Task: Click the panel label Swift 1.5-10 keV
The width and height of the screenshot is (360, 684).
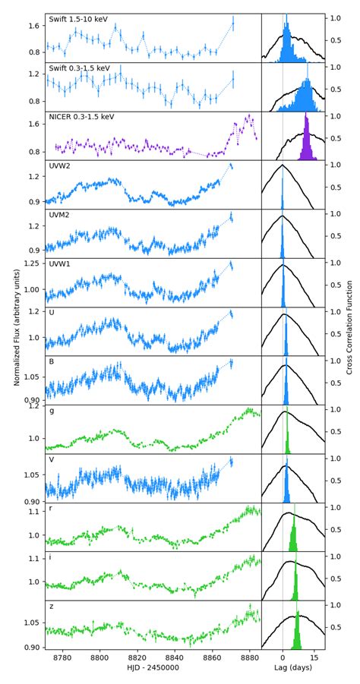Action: [81, 19]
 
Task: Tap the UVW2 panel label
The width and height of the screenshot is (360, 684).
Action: [59, 166]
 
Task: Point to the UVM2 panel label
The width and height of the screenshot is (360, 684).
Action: [59, 216]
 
